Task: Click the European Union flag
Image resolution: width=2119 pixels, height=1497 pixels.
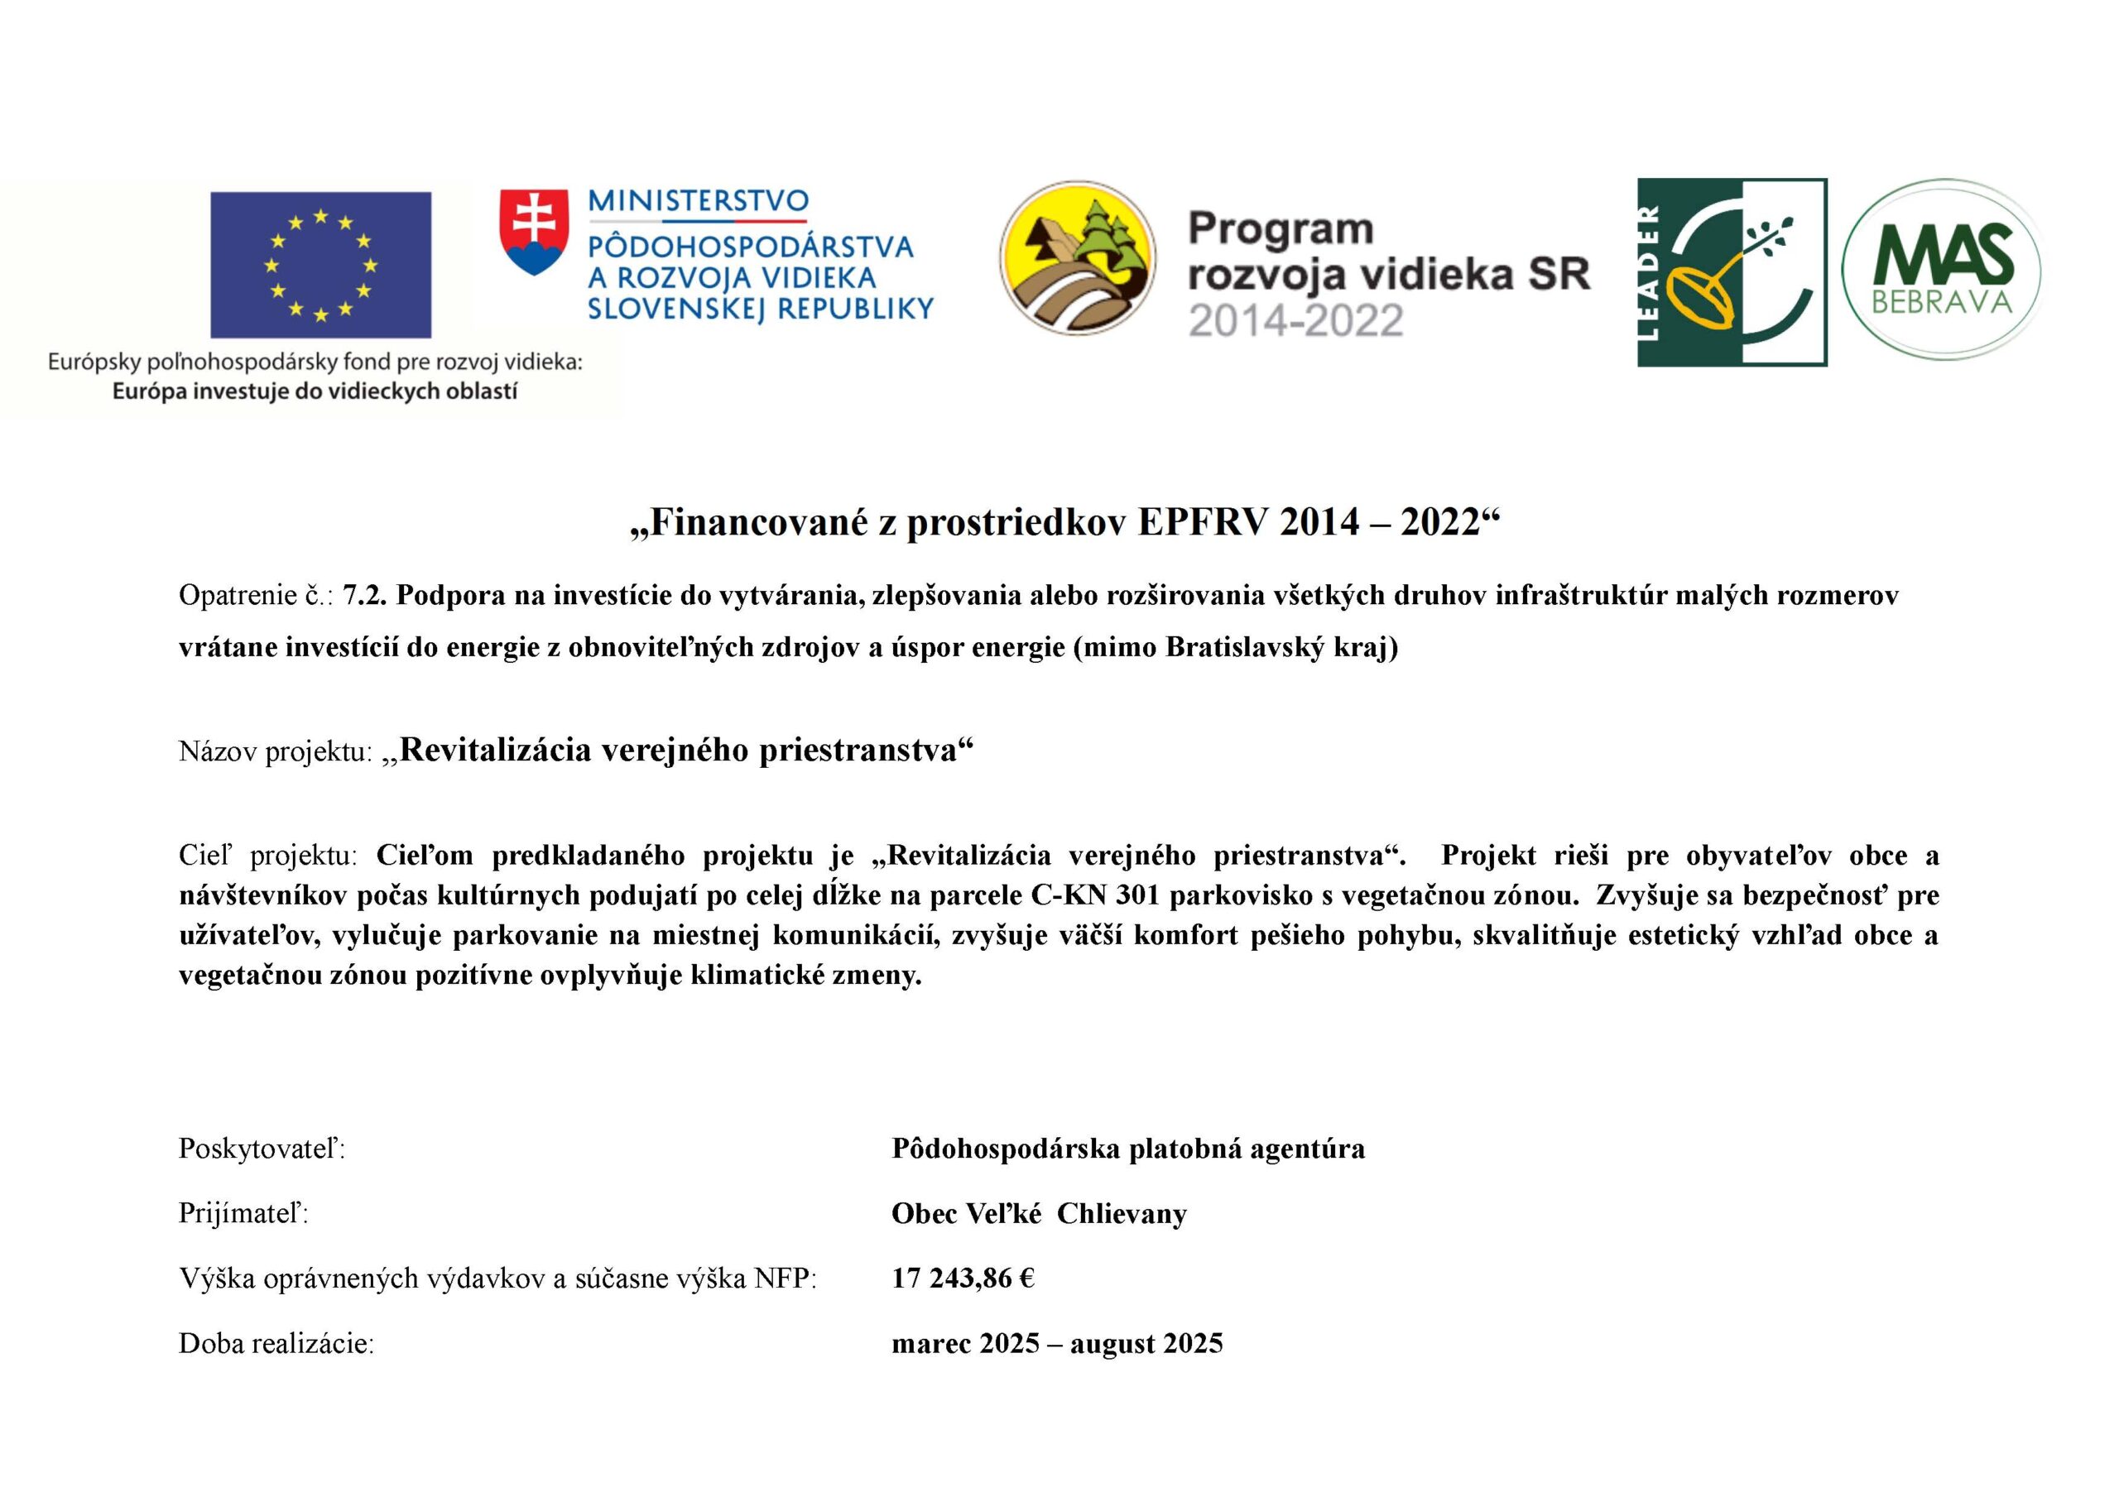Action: (320, 265)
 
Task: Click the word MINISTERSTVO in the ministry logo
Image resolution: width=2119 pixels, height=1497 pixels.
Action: (698, 201)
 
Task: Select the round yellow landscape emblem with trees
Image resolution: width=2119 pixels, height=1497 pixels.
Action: (1077, 257)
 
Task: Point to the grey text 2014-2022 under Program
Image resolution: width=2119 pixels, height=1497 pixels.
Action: (1295, 320)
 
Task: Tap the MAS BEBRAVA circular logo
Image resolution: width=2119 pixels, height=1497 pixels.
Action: (1942, 270)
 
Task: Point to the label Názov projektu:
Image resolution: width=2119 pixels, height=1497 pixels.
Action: (274, 752)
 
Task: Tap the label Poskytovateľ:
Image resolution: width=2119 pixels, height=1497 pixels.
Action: (262, 1149)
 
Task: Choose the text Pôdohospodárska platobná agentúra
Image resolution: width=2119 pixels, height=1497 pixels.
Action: (1128, 1149)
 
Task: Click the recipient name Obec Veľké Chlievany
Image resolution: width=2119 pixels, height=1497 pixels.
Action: (1038, 1214)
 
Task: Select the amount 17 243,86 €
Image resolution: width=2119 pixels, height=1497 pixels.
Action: (963, 1279)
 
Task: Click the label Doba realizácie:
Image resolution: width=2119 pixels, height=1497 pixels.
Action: (276, 1344)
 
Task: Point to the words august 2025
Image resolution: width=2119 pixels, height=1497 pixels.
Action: (1146, 1344)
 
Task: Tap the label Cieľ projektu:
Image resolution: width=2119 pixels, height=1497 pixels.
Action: (267, 856)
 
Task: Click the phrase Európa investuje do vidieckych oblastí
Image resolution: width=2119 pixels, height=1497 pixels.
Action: (315, 391)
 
